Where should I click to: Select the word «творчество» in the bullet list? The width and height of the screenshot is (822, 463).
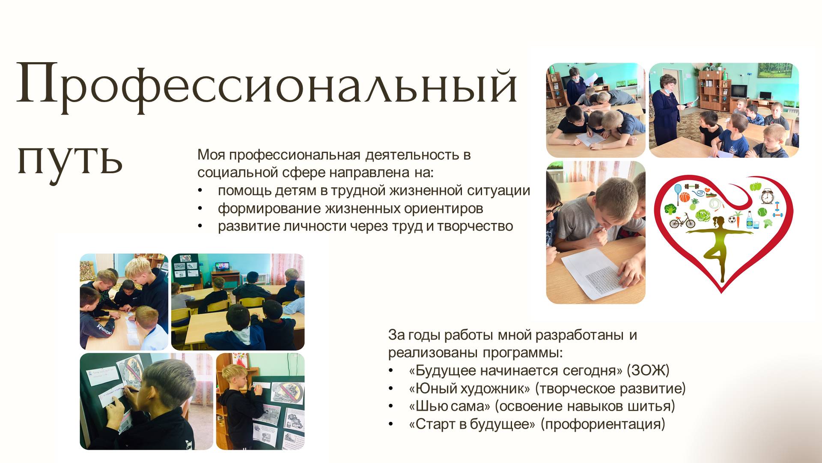coord(475,226)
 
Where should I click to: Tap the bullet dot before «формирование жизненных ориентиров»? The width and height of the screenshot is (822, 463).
coord(200,209)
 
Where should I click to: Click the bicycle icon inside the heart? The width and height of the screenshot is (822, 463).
coord(682,221)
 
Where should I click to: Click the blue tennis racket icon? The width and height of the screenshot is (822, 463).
coord(677,194)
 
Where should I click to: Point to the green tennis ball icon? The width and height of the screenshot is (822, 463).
coord(762,212)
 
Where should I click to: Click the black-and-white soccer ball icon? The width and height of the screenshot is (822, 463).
coord(733,221)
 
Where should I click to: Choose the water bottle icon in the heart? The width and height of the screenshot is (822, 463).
coord(750,219)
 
